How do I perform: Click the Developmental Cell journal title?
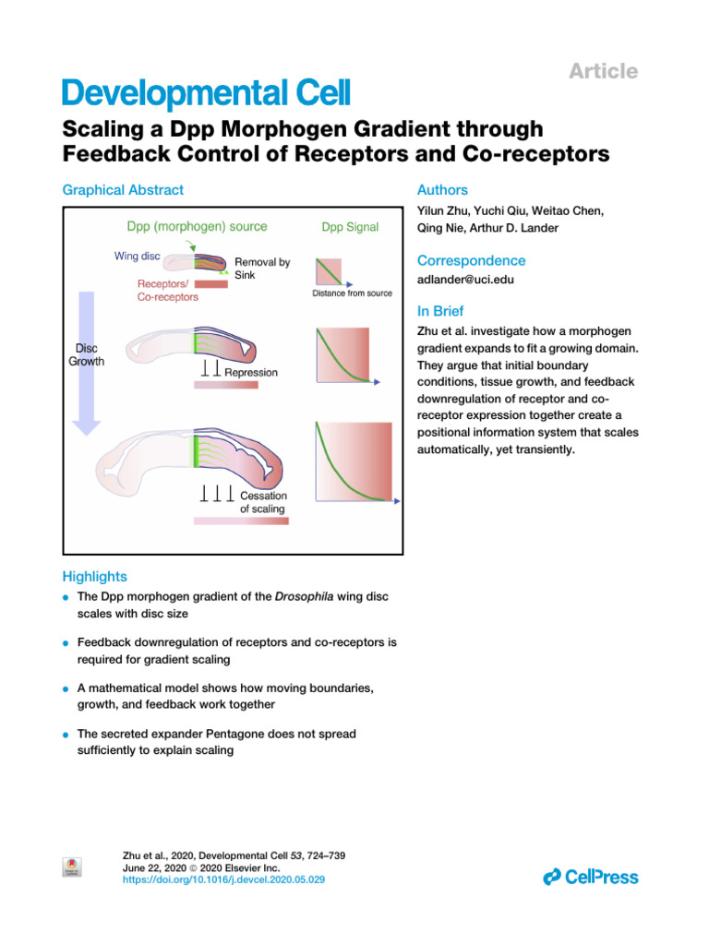[x=206, y=93]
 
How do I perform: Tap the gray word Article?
[x=603, y=71]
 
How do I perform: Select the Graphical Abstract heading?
[x=123, y=190]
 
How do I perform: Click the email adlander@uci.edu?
[x=465, y=280]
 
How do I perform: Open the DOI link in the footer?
[x=223, y=879]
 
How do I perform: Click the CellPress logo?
[x=591, y=877]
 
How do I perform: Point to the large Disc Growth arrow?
[x=86, y=363]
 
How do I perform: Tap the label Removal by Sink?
[x=262, y=269]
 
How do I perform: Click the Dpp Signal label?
[x=350, y=227]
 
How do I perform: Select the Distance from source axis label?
[x=352, y=293]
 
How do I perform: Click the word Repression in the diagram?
[x=251, y=373]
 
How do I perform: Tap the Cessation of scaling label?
[x=263, y=502]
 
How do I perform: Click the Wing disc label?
[x=138, y=257]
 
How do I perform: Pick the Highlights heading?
[x=95, y=577]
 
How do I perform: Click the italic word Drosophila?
[x=304, y=597]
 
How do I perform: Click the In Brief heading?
[x=440, y=311]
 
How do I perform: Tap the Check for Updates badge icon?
[x=72, y=867]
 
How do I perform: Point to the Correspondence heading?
[x=472, y=261]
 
